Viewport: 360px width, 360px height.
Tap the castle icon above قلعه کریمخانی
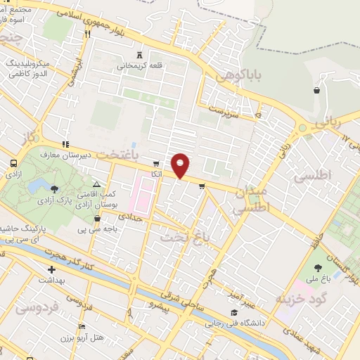[139, 54]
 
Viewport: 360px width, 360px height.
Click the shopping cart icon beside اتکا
[156, 163]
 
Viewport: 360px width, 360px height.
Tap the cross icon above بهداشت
[51, 270]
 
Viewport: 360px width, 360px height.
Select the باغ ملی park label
[317, 281]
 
